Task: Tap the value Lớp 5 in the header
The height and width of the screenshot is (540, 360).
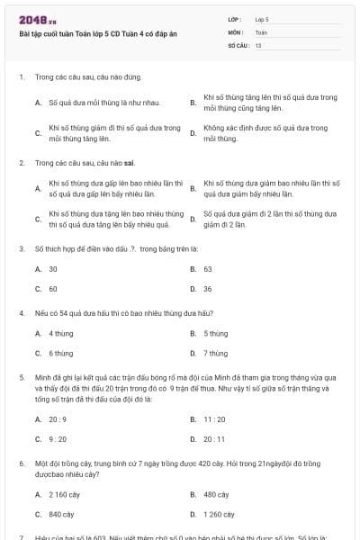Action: pos(262,19)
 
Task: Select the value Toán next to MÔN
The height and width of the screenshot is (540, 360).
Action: pos(261,31)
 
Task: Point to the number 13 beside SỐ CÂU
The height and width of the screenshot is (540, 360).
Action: pos(258,44)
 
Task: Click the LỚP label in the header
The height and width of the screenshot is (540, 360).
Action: pos(235,19)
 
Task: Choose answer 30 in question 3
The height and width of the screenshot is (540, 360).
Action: pos(53,269)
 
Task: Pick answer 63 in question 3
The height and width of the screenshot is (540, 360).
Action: pos(208,269)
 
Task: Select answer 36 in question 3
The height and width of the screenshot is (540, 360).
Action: pos(208,289)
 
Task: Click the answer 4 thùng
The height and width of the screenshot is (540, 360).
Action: pos(60,333)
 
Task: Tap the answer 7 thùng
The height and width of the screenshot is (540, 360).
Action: pos(215,353)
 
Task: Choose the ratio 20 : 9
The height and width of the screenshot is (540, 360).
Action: pos(57,418)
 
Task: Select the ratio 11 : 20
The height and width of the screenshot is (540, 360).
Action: pos(214,418)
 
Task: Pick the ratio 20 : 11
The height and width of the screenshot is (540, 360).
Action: pos(214,438)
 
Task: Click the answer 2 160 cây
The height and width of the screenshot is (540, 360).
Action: pos(64,494)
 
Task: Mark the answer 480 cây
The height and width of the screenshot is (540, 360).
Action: pos(216,494)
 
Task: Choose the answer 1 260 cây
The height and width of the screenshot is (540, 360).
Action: pos(220,514)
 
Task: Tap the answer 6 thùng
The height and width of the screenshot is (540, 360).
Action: pos(60,353)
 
